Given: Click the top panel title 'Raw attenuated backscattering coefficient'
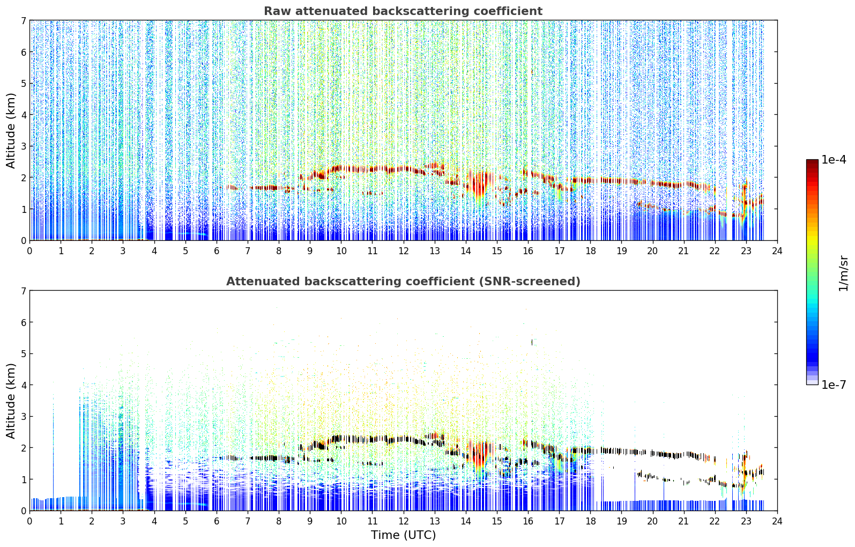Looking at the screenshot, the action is pyautogui.click(x=403, y=11).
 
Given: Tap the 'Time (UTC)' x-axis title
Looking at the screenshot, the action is pyautogui.click(x=403, y=535).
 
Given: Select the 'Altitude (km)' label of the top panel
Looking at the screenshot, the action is pyautogui.click(x=11, y=131).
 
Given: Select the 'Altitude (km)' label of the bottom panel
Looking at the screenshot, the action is pyautogui.click(x=11, y=401).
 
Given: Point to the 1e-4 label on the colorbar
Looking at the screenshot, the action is pyautogui.click(x=834, y=160).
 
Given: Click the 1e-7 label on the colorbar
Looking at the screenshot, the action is pyautogui.click(x=834, y=385).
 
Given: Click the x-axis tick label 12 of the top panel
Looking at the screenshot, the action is pyautogui.click(x=404, y=251).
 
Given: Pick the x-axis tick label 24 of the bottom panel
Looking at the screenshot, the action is pyautogui.click(x=777, y=521).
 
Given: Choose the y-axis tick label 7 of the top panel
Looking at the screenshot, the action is pyautogui.click(x=23, y=20).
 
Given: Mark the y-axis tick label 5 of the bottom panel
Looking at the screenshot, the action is pyautogui.click(x=23, y=354).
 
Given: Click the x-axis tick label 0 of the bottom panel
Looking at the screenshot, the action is pyautogui.click(x=30, y=521).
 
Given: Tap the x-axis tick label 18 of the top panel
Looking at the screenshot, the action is pyautogui.click(x=591, y=251).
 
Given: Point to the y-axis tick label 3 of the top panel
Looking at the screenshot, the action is pyautogui.click(x=23, y=146).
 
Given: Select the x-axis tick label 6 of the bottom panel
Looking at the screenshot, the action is pyautogui.click(x=217, y=521).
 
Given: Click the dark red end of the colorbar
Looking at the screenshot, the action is pyautogui.click(x=812, y=162).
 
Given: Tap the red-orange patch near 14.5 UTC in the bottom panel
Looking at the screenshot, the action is pyautogui.click(x=479, y=454).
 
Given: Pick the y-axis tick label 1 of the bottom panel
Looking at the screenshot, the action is pyautogui.click(x=23, y=479).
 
